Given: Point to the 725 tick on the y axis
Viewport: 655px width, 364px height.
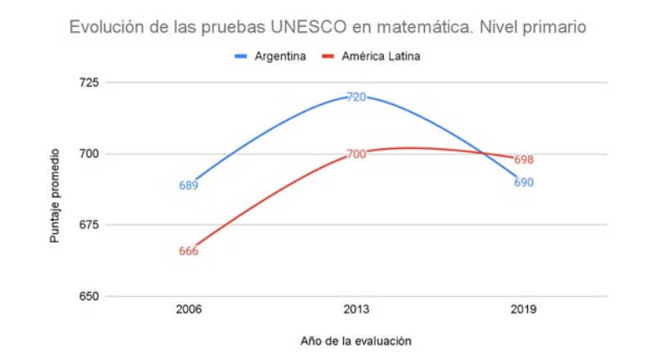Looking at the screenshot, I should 87,83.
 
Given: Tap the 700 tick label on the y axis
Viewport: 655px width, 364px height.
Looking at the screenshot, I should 87,154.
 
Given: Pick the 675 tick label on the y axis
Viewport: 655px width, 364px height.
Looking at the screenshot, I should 87,225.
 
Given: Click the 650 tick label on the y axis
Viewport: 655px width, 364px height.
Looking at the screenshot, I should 87,296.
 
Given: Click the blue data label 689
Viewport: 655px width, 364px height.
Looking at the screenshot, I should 188,186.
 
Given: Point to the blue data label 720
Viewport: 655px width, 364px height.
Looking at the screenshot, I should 356,97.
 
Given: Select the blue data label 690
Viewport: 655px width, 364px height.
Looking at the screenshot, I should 523,182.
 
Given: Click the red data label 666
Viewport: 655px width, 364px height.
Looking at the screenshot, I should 188,251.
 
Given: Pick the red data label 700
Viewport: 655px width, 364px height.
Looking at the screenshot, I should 356,154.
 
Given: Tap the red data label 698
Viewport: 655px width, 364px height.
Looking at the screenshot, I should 523,160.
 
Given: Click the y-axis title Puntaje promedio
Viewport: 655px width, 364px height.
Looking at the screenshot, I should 55,195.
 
